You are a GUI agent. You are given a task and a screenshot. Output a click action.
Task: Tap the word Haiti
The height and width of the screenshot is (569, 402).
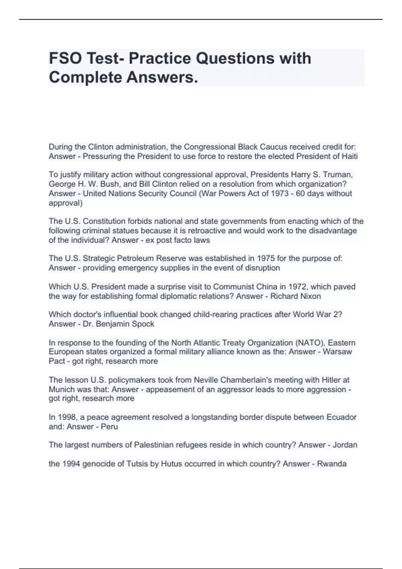pyautogui.click(x=350, y=156)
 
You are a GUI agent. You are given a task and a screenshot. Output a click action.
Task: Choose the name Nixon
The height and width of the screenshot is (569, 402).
pyautogui.click(x=310, y=296)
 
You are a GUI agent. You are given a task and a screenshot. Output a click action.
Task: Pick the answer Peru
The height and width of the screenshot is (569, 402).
pyautogui.click(x=109, y=427)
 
